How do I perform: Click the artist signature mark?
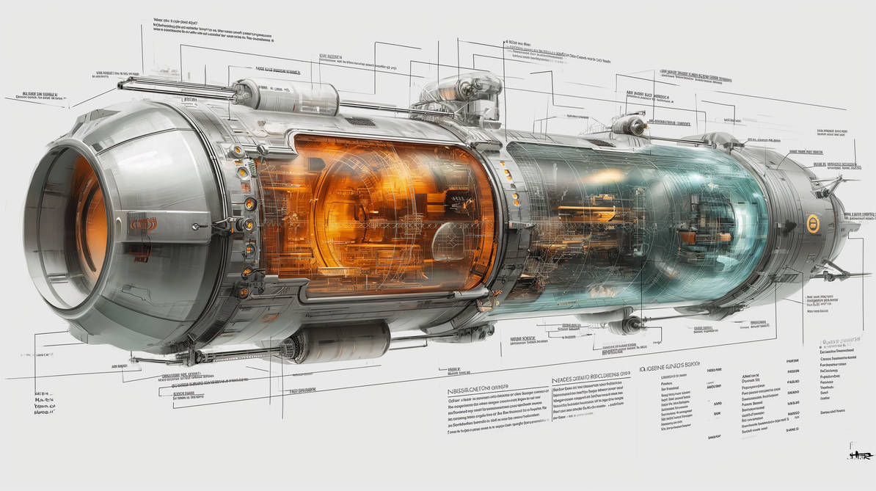[858, 453]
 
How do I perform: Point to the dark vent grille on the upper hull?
[360, 121]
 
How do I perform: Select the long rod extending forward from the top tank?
[176, 86]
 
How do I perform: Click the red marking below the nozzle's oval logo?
[142, 258]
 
